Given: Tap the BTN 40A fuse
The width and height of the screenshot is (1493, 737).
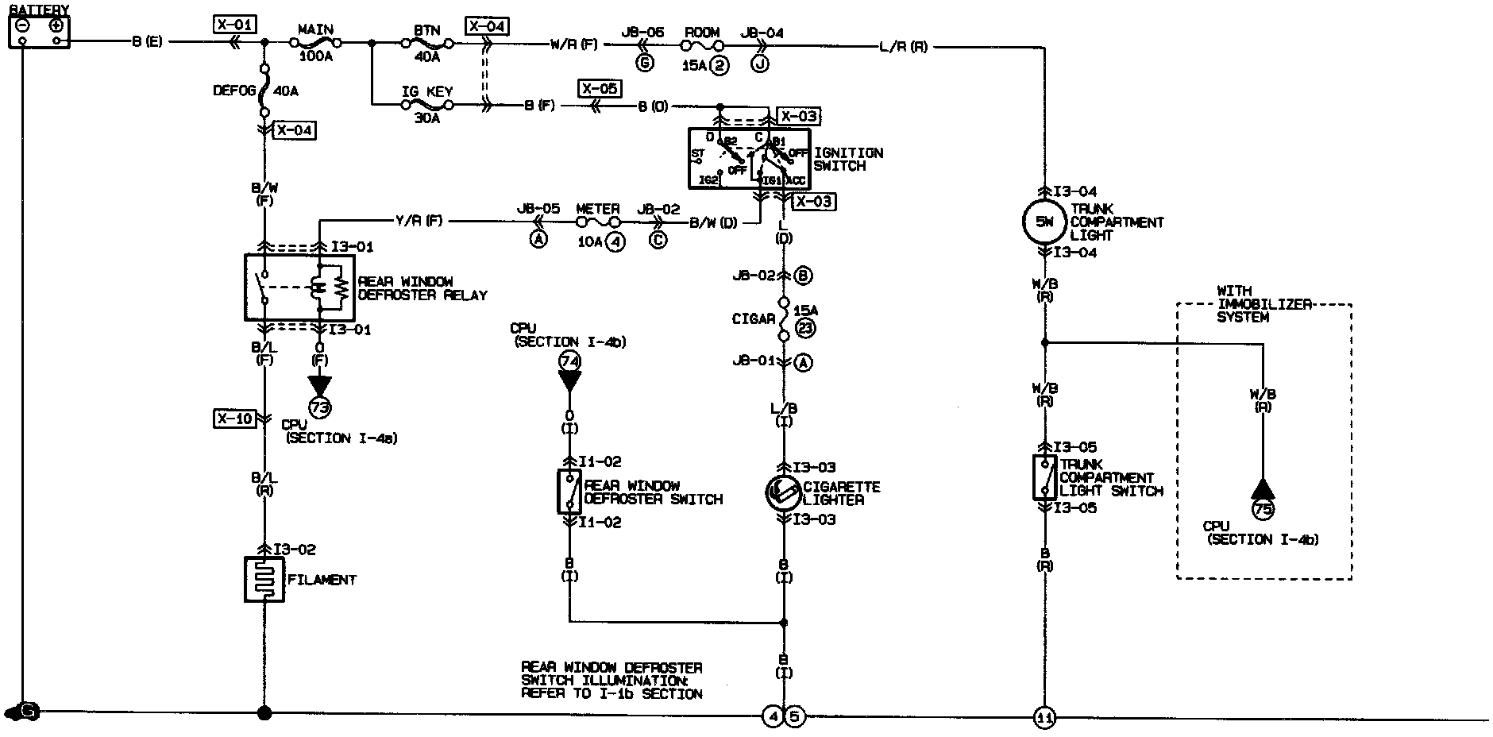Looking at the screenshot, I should tap(426, 43).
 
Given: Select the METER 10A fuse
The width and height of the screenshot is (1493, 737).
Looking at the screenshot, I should tap(597, 222).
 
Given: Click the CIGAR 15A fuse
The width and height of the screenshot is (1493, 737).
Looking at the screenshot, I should tap(784, 319).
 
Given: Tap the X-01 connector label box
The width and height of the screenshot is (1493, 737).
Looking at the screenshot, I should tap(234, 25).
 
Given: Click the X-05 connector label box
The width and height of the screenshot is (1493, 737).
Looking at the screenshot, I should tap(600, 88).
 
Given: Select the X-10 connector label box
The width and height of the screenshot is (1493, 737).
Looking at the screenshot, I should tap(234, 418).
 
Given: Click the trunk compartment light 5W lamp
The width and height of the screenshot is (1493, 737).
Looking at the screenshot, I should tap(1044, 222).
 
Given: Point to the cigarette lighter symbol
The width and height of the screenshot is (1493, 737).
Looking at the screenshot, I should tap(784, 493).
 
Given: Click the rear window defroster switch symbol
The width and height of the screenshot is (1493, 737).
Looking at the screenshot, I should tap(569, 492).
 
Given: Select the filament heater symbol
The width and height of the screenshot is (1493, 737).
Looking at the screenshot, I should tap(264, 580).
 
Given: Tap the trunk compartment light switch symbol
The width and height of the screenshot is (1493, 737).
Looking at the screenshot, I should tap(1044, 477).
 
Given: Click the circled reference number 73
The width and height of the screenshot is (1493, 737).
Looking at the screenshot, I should tap(319, 407).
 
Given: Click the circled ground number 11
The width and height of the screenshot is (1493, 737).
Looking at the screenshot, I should tap(1044, 718).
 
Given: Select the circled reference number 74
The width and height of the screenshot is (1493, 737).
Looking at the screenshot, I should tap(569, 361).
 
